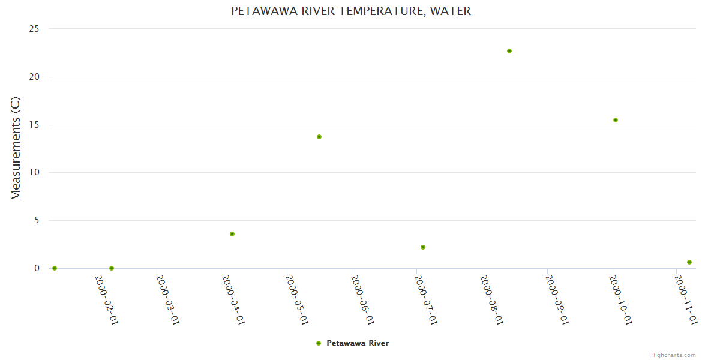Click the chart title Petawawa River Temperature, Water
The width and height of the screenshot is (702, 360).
pyautogui.click(x=351, y=11)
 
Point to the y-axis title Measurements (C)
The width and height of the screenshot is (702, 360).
pyautogui.click(x=16, y=148)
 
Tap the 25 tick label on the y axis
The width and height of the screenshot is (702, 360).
pyautogui.click(x=34, y=29)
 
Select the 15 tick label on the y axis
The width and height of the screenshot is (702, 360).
pyautogui.click(x=34, y=125)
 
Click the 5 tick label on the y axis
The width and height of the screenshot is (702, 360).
pyautogui.click(x=37, y=220)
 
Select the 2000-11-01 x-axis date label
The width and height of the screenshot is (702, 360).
pyautogui.click(x=686, y=299)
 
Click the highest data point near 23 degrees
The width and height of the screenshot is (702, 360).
pyautogui.click(x=509, y=51)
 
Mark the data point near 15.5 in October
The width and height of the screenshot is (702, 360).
pyautogui.click(x=616, y=120)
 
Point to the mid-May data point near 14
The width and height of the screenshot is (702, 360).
pyautogui.click(x=319, y=137)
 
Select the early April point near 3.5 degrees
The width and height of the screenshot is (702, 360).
pyautogui.click(x=232, y=234)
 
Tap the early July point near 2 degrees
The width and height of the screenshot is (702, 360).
pyautogui.click(x=423, y=247)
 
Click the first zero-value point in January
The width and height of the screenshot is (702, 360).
pyautogui.click(x=55, y=268)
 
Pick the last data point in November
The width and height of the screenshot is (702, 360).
pyautogui.click(x=689, y=262)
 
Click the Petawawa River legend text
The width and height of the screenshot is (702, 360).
pyautogui.click(x=358, y=343)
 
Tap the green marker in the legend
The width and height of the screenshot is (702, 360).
pyautogui.click(x=319, y=343)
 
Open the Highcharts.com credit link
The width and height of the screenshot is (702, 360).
pyautogui.click(x=674, y=355)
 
